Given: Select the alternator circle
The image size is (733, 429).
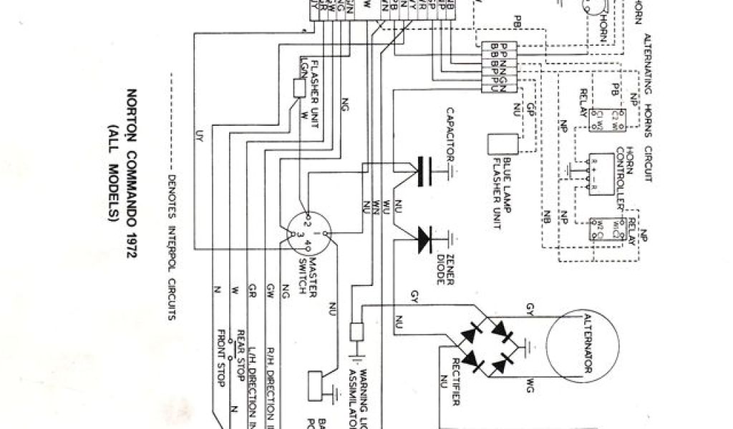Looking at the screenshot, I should click(x=569, y=343).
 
